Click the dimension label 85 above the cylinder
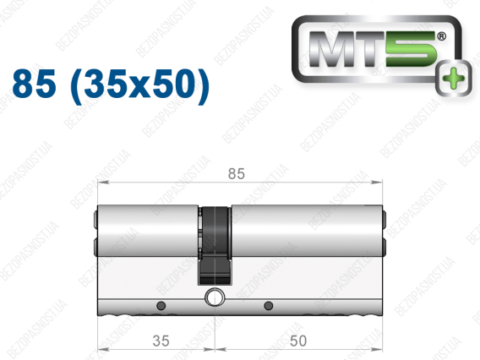tap(237, 173)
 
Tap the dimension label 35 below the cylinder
tap(161, 341)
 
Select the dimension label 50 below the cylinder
tap(297, 341)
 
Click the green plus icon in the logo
tap(453, 78)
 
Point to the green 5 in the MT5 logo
tap(411, 49)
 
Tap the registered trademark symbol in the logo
tap(441, 36)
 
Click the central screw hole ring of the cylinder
tap(215, 297)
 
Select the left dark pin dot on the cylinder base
tap(161, 306)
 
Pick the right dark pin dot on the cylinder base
tap(268, 306)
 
